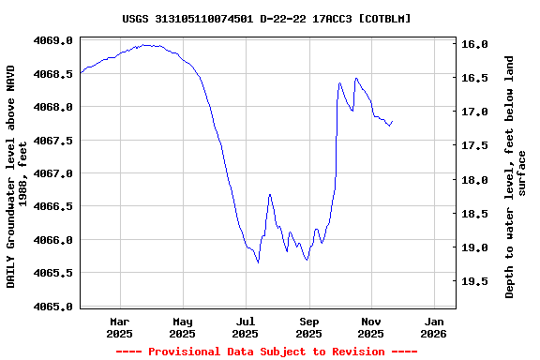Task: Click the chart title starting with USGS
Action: click(x=266, y=19)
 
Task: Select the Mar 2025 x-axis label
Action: click(x=119, y=327)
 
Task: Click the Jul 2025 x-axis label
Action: click(x=245, y=327)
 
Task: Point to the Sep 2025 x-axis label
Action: click(x=308, y=327)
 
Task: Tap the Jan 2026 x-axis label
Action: click(x=434, y=327)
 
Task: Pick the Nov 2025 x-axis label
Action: click(x=371, y=327)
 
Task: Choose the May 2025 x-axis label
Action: click(x=182, y=327)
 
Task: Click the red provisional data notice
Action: click(x=266, y=352)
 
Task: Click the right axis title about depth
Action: click(x=516, y=176)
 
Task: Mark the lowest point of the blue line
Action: click(x=258, y=262)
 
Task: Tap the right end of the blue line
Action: click(x=392, y=121)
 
